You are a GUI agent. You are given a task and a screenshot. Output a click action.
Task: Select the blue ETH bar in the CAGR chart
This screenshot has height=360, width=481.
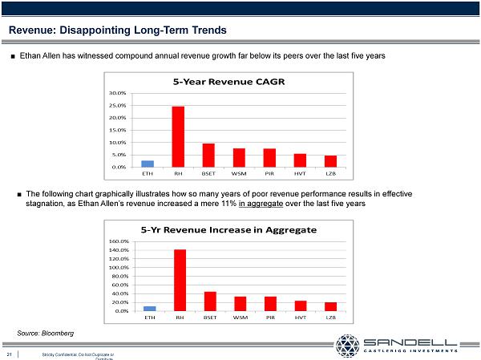(x=148, y=164)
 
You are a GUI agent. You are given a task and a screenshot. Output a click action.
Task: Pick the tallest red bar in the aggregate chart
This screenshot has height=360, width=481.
(x=180, y=280)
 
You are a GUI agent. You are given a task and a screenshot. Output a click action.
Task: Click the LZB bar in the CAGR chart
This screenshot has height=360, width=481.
(x=330, y=161)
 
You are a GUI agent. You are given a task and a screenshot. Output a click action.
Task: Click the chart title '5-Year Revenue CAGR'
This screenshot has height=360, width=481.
(x=228, y=82)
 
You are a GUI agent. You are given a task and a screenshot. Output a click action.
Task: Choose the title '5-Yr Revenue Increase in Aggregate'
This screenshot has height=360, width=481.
(x=228, y=229)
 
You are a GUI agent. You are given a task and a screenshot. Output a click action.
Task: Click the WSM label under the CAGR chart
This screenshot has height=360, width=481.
(x=239, y=172)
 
